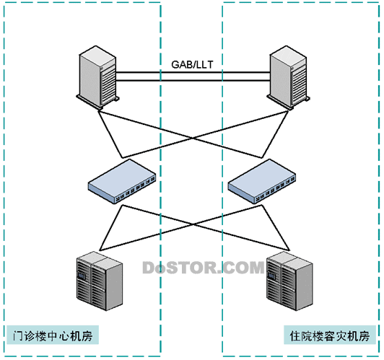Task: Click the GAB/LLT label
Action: (192, 64)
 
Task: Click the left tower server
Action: (97, 78)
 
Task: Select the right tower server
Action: (288, 78)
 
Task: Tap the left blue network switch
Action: (122, 181)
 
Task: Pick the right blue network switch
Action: (262, 181)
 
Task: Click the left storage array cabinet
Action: (100, 281)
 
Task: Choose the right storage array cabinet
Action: (289, 281)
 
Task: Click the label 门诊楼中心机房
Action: (53, 335)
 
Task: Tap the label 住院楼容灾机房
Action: (330, 335)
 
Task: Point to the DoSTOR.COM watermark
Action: (204, 268)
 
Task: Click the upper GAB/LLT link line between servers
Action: (193, 72)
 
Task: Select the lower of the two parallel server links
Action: (193, 80)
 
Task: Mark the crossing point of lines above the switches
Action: (193, 138)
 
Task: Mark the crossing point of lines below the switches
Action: (193, 224)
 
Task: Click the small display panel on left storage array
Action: (81, 276)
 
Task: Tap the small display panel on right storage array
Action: (271, 276)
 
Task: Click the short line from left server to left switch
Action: (110, 134)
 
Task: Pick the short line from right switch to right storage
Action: (276, 228)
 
